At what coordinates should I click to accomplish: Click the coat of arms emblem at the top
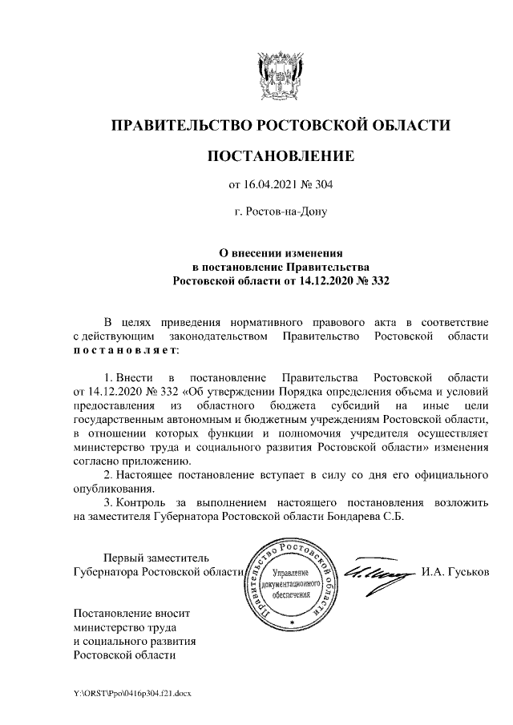pos(280,75)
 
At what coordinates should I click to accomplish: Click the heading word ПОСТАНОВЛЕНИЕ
pos(280,155)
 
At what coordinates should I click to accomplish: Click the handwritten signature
pos(376,574)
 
